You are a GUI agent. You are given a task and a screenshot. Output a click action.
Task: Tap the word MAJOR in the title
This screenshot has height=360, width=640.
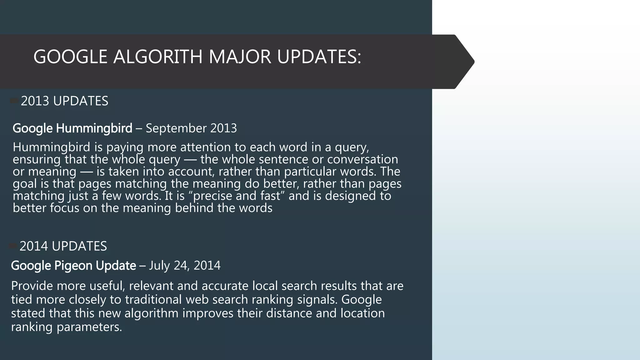(240, 57)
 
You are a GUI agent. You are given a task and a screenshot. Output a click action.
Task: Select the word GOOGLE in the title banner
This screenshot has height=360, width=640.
(70, 57)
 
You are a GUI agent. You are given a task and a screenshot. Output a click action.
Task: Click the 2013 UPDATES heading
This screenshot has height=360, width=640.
(64, 101)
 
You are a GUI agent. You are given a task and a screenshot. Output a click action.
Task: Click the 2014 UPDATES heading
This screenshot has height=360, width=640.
(63, 246)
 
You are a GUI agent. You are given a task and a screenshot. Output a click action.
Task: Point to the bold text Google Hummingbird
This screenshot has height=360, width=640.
(72, 128)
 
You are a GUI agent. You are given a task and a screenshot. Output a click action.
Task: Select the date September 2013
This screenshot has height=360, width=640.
(191, 128)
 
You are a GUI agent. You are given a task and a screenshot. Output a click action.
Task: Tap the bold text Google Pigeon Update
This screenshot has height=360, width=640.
(73, 266)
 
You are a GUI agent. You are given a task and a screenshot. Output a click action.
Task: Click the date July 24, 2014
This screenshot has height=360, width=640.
(185, 266)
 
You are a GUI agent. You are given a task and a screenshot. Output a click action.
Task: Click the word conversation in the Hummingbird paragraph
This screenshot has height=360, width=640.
(362, 159)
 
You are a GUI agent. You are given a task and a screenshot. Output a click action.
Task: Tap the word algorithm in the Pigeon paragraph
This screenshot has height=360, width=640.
(151, 313)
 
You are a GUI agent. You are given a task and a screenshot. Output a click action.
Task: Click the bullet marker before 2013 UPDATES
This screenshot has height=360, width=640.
(14, 101)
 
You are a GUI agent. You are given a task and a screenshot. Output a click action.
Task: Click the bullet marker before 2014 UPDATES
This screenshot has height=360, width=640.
(13, 246)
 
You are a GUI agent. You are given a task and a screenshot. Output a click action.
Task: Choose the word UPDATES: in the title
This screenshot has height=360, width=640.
(319, 57)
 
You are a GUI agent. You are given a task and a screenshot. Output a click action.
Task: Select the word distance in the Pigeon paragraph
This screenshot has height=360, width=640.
(289, 313)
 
